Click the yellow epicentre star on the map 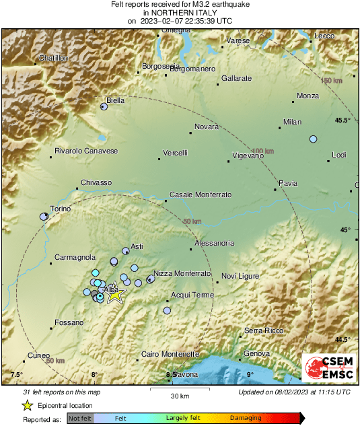(x=115, y=293)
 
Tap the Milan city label (x=292, y=122)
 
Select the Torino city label (x=61, y=209)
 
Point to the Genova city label (x=256, y=353)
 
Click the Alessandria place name (x=214, y=243)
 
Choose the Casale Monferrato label (x=200, y=194)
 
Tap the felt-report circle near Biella (x=104, y=106)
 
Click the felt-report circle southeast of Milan (x=313, y=139)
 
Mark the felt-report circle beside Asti (x=126, y=251)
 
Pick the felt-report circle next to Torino (x=44, y=216)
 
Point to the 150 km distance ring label (x=331, y=81)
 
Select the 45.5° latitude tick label (x=343, y=120)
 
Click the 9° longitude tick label (x=249, y=374)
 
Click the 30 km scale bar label (x=179, y=395)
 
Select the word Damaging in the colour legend (x=246, y=418)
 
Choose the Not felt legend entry (x=80, y=418)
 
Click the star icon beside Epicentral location (x=28, y=405)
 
